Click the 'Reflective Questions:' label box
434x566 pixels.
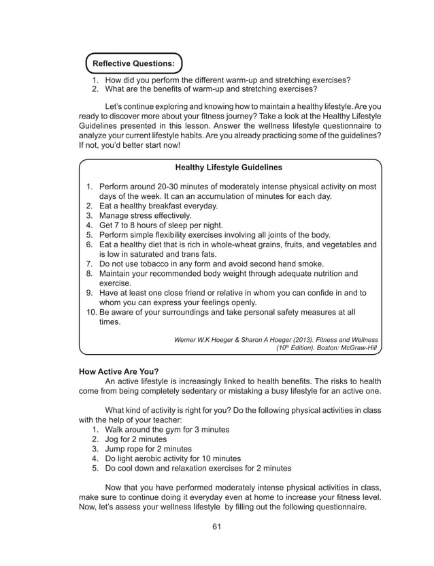point(133,63)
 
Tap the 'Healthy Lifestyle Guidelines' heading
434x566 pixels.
point(229,167)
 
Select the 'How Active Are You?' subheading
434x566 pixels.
point(119,371)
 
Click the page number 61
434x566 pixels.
point(217,526)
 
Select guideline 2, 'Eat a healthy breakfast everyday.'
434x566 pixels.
point(158,206)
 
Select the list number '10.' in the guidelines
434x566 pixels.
point(91,313)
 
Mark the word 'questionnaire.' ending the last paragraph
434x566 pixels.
point(338,507)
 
